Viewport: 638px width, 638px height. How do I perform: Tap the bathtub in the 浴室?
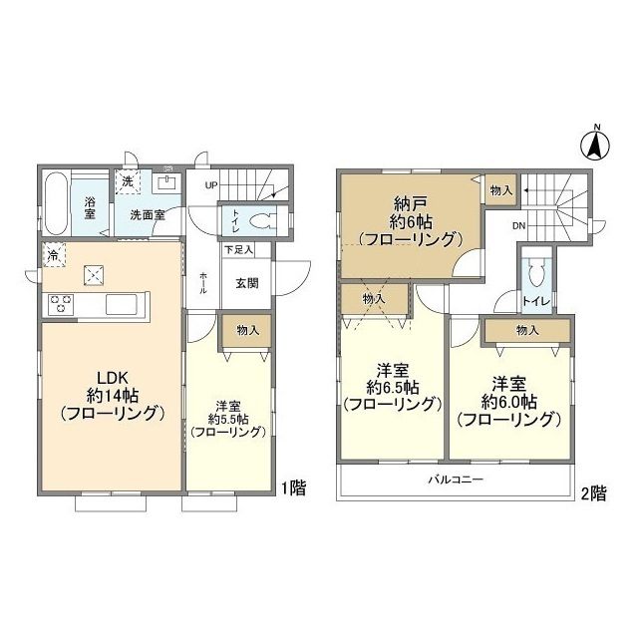(x=56, y=203)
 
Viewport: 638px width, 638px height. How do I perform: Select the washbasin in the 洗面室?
(x=166, y=182)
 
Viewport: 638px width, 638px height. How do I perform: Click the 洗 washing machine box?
(x=128, y=181)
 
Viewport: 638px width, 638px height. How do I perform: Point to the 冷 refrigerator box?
(x=54, y=255)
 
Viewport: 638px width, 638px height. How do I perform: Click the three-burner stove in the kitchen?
(x=61, y=304)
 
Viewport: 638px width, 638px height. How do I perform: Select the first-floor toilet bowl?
(x=262, y=220)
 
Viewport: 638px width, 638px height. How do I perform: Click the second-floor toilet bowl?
(x=535, y=274)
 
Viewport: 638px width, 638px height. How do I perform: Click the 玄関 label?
(x=247, y=283)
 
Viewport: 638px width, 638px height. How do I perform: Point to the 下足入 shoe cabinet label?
(x=239, y=250)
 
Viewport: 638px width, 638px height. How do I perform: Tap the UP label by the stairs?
(x=211, y=186)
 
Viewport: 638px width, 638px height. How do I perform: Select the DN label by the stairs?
(x=518, y=226)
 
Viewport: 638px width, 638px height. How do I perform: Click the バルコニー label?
(x=456, y=479)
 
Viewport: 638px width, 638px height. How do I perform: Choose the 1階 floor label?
(x=294, y=487)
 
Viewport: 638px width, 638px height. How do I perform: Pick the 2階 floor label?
(x=594, y=493)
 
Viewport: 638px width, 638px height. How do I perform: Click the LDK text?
(x=113, y=378)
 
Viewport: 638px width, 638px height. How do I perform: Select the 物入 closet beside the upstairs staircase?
(x=501, y=190)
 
